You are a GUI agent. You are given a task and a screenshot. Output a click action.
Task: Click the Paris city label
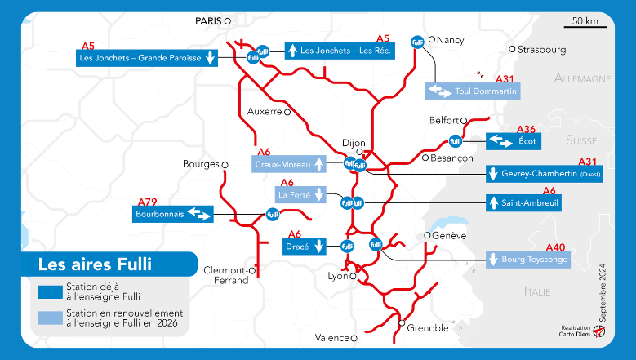(209, 21)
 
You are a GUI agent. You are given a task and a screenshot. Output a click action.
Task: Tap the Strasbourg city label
(541, 50)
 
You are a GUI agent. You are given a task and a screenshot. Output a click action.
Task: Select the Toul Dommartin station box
(472, 91)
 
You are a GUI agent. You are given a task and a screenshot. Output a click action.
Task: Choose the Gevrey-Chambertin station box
(544, 174)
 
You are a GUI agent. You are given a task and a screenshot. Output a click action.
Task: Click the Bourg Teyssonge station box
(527, 260)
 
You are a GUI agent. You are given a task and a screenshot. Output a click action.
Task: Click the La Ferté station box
(300, 195)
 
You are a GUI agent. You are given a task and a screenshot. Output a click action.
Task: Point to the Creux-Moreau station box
(288, 164)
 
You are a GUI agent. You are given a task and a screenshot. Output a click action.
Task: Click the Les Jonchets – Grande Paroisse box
(147, 57)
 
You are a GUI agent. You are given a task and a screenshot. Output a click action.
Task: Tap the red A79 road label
(148, 202)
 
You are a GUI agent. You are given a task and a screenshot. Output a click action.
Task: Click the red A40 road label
(555, 247)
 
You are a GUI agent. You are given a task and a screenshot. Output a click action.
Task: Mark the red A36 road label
(527, 129)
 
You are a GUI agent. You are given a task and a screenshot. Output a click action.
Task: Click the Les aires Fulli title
(96, 264)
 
